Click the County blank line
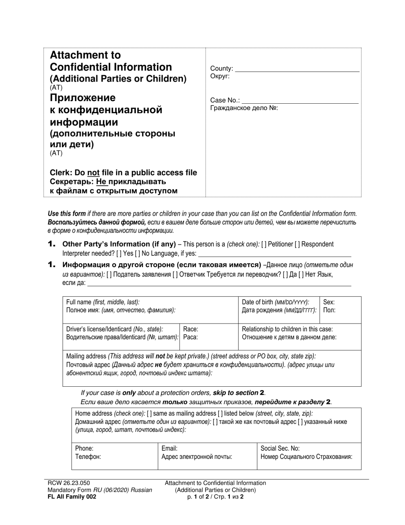pos(297,70)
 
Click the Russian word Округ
pos(220,76)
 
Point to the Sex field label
pos(329,302)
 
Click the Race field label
pos(191,329)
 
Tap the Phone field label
pos(84,449)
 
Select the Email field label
pos(170,449)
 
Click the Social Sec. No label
pos(280,449)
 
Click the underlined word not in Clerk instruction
pos(93,173)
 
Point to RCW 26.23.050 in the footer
pos(69,483)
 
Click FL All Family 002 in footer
pos(72,497)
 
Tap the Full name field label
pos(103,302)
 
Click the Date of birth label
pos(275,302)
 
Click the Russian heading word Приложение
pos(83,98)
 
